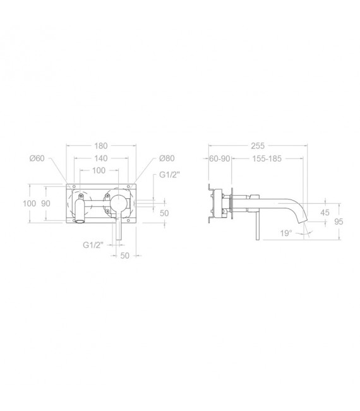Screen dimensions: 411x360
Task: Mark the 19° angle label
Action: pyautogui.click(x=287, y=233)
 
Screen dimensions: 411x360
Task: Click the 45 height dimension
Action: pyautogui.click(x=325, y=213)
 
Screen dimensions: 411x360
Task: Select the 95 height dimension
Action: pyautogui.click(x=340, y=221)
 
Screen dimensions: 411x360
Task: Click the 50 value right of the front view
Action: pyautogui.click(x=165, y=213)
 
